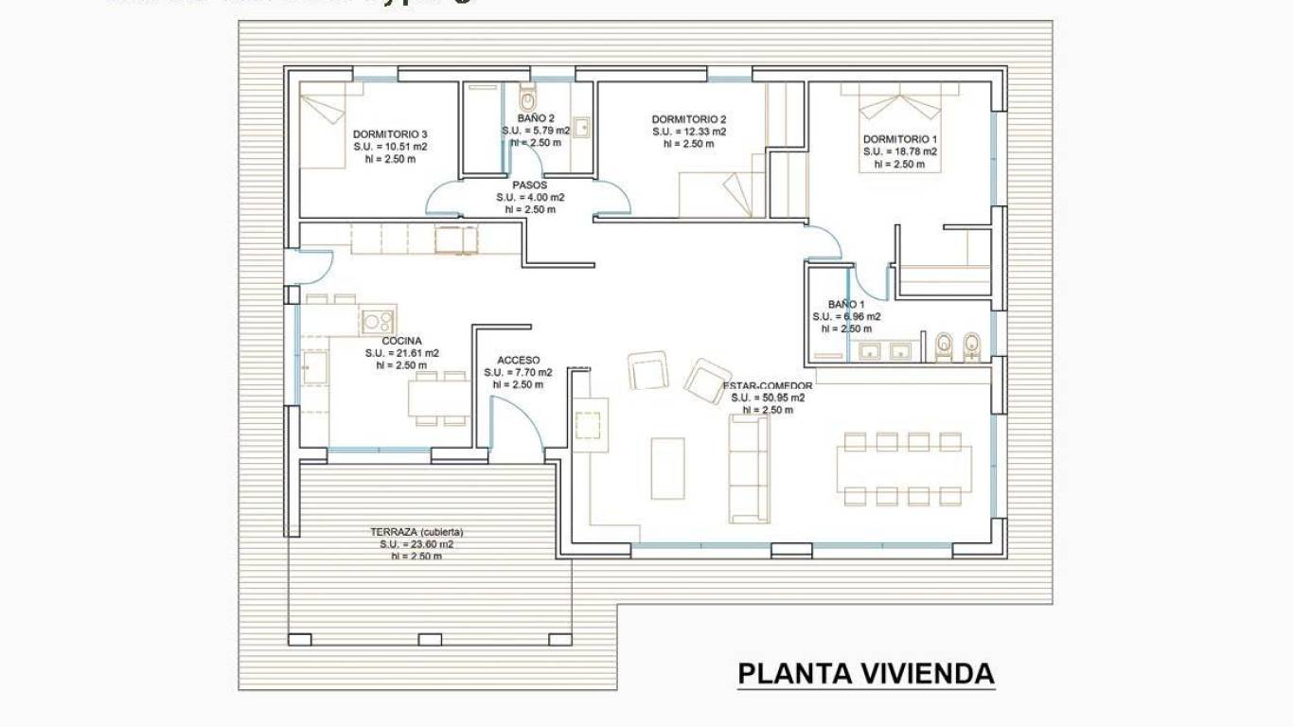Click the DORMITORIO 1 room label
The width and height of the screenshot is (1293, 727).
click(x=900, y=139)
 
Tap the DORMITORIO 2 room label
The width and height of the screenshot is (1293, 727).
click(x=689, y=119)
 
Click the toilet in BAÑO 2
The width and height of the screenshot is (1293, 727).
click(x=527, y=99)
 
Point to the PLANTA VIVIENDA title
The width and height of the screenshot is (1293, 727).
click(x=865, y=674)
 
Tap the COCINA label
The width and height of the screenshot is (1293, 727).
click(x=402, y=341)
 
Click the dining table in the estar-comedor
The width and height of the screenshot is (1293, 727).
click(x=904, y=470)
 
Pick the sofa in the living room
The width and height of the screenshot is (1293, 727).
click(x=748, y=469)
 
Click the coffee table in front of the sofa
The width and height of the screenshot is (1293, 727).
click(x=667, y=468)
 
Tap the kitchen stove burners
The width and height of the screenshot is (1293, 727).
click(x=378, y=320)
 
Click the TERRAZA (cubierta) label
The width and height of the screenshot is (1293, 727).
click(x=416, y=532)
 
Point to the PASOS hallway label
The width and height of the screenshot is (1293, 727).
click(x=530, y=186)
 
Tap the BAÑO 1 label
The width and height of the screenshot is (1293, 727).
click(x=833, y=305)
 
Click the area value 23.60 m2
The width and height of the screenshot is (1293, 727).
click(x=416, y=544)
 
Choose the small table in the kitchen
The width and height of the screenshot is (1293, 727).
click(x=439, y=398)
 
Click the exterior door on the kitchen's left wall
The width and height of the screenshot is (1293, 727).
click(x=312, y=267)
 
